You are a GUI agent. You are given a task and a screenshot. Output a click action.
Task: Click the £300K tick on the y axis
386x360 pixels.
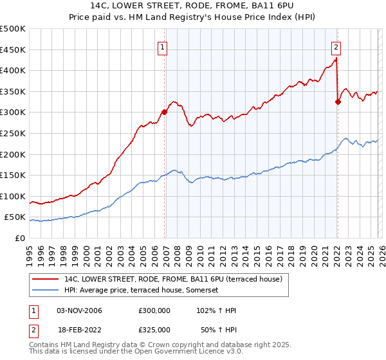[x=13, y=113]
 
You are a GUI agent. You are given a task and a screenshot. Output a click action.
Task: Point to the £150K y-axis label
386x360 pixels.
[x=13, y=175]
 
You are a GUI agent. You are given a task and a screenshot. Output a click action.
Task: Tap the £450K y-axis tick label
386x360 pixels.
[x=13, y=50]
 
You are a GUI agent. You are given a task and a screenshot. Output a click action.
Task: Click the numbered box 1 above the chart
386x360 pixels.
[x=162, y=46]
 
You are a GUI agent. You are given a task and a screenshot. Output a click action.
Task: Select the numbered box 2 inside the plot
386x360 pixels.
[x=336, y=46]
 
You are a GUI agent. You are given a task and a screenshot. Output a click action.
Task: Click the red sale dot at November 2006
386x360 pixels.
[x=164, y=112]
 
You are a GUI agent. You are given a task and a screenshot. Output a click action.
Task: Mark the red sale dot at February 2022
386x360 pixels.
[x=338, y=102]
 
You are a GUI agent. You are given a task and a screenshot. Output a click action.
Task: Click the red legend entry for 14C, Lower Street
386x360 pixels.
[x=177, y=279]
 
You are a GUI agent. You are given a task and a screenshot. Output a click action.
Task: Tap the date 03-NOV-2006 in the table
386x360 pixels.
[x=80, y=310]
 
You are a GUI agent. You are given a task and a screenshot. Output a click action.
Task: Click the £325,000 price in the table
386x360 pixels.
[x=154, y=329]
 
